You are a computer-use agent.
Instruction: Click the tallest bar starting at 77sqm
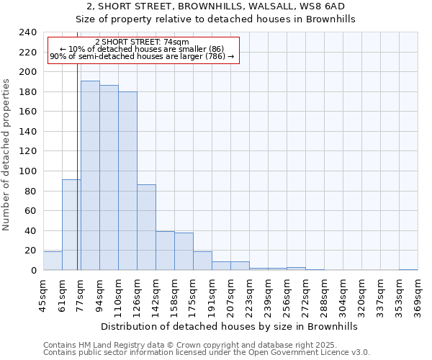(90, 176)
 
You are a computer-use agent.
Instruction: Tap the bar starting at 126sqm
(146, 228)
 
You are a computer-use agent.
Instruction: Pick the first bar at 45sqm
(53, 261)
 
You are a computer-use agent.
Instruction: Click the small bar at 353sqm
(408, 269)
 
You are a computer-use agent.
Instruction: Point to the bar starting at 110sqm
(127, 181)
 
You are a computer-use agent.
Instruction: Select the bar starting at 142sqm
(165, 251)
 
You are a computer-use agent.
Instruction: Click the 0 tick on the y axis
(33, 271)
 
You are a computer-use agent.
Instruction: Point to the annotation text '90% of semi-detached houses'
(142, 56)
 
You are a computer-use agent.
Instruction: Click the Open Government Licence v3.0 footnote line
(207, 353)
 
